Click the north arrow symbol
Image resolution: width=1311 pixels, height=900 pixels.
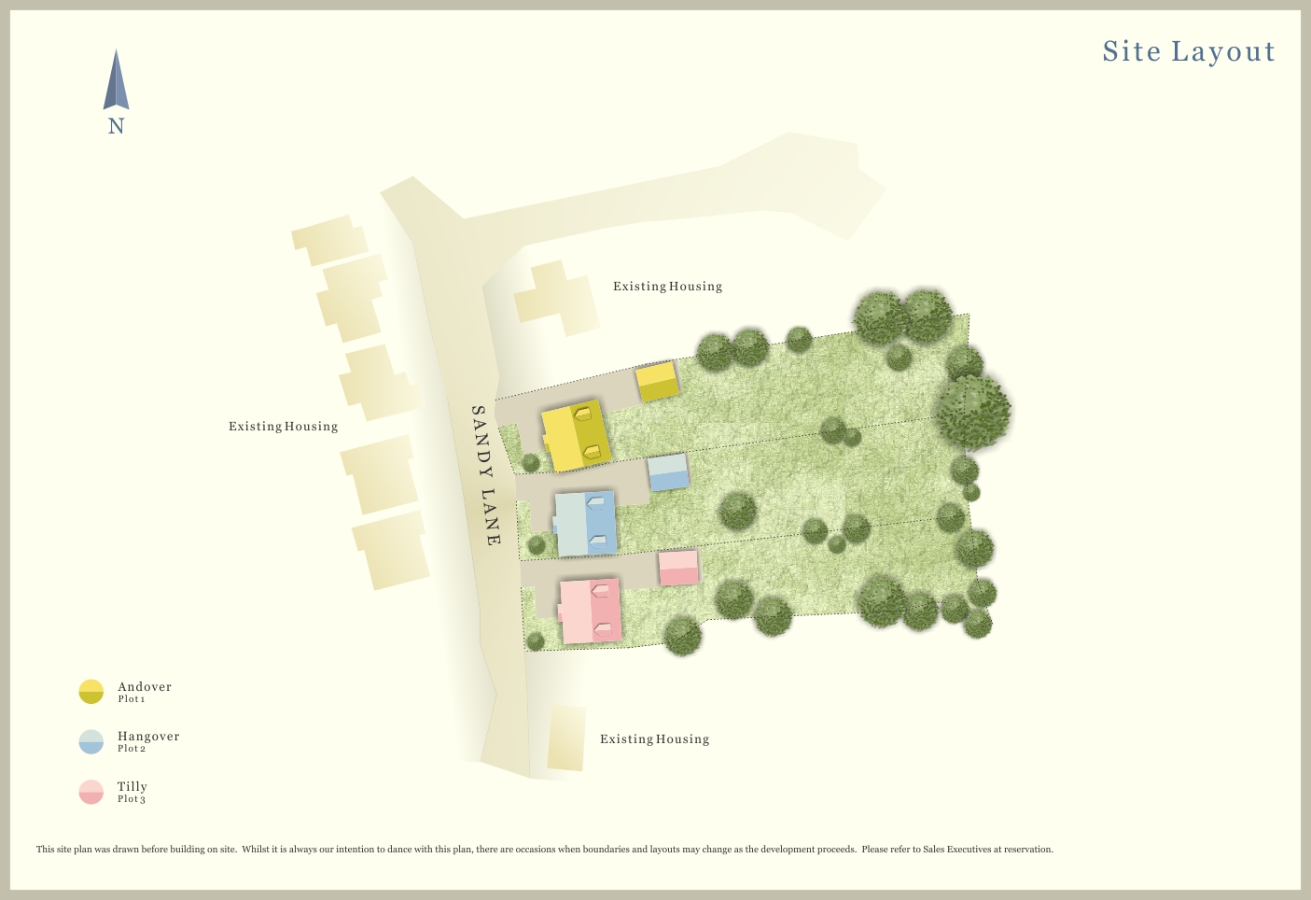coord(116,81)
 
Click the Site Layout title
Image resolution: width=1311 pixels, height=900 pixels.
coord(1188,51)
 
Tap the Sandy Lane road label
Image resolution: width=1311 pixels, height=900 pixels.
coord(485,475)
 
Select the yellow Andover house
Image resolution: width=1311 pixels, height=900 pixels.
coord(577,436)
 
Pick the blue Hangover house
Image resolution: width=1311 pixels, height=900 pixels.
coord(586,524)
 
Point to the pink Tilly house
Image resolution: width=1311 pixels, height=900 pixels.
coord(591,612)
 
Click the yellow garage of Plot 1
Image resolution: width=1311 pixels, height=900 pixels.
coord(657,382)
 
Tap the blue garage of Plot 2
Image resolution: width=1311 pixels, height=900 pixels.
coord(668,472)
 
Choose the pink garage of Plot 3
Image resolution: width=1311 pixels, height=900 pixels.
coord(678,568)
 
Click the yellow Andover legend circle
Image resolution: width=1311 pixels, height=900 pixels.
coord(91,692)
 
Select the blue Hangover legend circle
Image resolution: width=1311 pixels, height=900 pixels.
coord(91,741)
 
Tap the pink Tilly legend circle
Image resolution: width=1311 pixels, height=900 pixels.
coord(91,792)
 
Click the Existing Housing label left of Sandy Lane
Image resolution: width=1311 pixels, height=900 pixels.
coord(283,427)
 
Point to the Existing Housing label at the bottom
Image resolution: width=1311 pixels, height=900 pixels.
coord(654,739)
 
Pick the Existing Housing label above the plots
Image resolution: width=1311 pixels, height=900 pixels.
coord(667,287)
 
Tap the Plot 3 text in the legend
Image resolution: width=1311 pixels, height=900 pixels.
coord(132,799)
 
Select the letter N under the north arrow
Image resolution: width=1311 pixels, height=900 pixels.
coord(116,127)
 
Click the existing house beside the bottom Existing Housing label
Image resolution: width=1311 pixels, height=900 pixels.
coord(566,738)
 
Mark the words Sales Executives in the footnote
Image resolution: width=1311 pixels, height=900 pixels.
coord(956,850)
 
